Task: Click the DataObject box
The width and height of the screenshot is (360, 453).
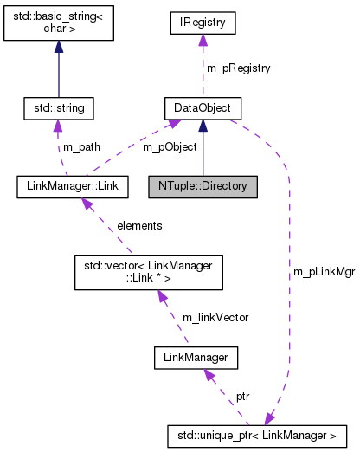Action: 202,108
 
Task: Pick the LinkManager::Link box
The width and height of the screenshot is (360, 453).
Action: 72,185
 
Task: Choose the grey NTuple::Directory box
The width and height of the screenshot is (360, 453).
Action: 202,185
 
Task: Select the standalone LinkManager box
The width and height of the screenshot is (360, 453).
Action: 196,356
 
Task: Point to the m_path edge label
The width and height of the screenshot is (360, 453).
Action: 81,147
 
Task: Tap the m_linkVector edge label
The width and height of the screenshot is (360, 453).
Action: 215,317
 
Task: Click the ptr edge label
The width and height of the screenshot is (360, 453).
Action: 243,395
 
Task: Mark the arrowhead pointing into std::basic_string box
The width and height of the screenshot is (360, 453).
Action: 59,50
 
